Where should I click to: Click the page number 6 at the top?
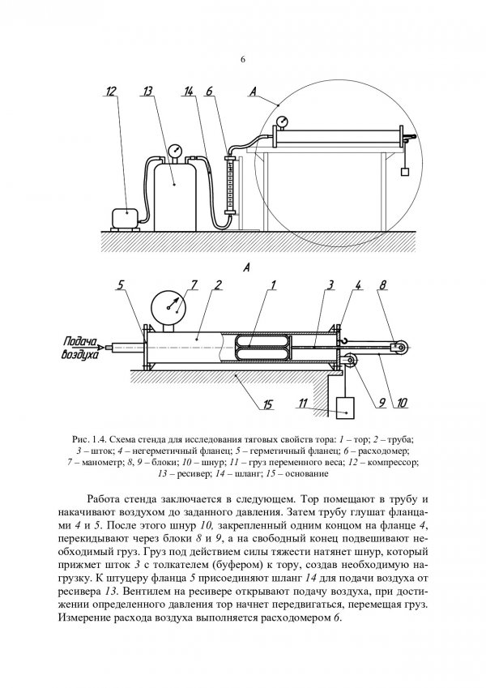point(243,59)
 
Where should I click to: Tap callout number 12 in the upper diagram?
point(111,93)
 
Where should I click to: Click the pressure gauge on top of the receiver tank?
point(175,150)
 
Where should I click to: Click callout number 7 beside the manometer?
point(194,285)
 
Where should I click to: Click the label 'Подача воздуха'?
point(79,349)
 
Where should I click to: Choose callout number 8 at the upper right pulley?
point(383,285)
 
